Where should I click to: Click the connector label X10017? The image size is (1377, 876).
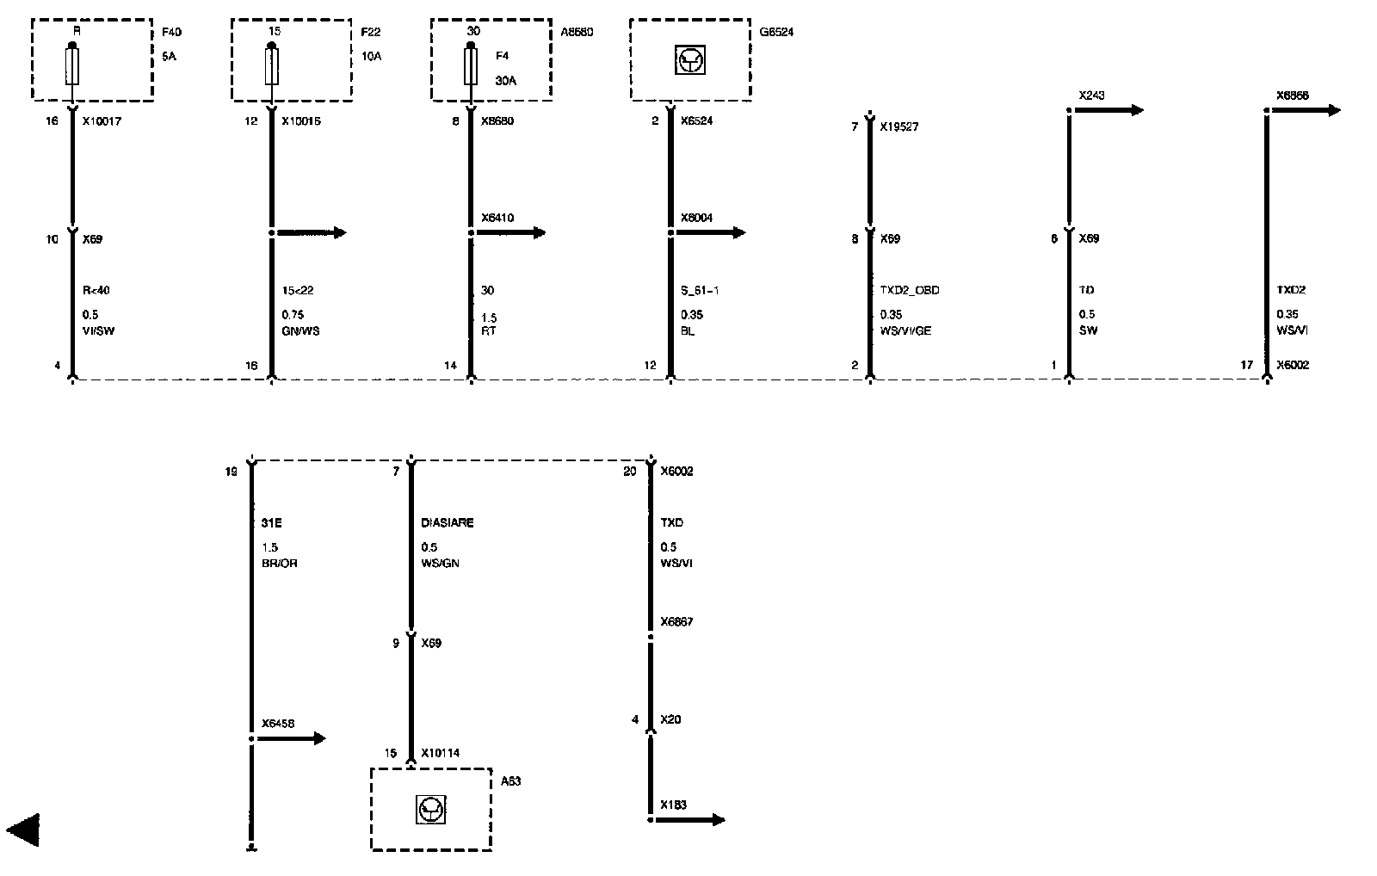102,121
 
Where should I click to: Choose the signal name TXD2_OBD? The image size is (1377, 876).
910,290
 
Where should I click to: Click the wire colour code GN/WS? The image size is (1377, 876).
300,330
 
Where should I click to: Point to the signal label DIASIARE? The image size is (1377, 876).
447,522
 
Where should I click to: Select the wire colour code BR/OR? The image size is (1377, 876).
279,563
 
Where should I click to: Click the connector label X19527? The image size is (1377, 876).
900,126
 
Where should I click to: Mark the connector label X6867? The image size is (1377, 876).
676,621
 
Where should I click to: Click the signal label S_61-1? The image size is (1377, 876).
700,290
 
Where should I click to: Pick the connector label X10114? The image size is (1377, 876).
441,753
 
